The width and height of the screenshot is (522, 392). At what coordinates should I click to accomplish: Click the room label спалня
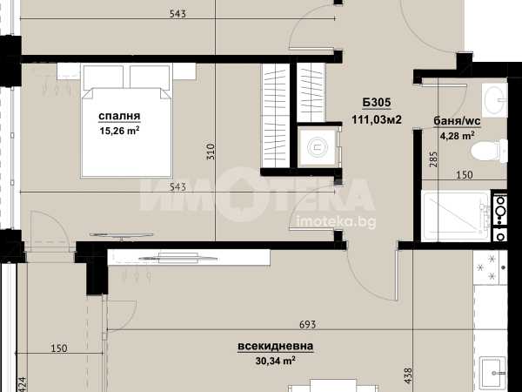[x=119, y=117]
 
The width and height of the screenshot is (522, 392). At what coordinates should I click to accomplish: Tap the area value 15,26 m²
[x=119, y=131]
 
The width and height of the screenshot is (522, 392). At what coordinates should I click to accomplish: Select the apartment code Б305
[x=377, y=102]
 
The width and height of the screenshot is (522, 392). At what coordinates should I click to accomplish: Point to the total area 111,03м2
[x=377, y=119]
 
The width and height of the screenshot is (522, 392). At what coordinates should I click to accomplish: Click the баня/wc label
[x=457, y=121]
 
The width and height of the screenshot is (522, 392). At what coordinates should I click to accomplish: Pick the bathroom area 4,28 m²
[x=457, y=136]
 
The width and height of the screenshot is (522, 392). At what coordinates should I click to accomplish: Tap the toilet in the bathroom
[x=489, y=152]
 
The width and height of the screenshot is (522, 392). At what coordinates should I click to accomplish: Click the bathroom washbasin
[x=495, y=100]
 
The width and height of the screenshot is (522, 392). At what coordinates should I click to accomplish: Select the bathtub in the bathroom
[x=456, y=216]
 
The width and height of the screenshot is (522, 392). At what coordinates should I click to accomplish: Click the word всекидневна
[x=275, y=347]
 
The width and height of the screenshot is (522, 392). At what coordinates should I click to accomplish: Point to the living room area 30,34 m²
[x=275, y=361]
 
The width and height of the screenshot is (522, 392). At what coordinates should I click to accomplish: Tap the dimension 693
[x=307, y=324]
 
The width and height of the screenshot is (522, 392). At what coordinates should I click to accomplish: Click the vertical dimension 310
[x=211, y=152]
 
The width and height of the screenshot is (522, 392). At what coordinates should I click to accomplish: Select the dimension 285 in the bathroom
[x=433, y=159]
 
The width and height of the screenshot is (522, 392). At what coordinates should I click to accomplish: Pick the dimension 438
[x=408, y=376]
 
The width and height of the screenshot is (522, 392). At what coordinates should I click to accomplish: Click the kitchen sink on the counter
[x=492, y=370]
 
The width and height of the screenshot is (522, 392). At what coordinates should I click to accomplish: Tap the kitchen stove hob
[x=490, y=267]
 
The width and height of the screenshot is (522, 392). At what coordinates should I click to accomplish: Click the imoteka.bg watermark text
[x=336, y=221]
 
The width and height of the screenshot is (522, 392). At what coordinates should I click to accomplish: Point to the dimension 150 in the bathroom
[x=464, y=175]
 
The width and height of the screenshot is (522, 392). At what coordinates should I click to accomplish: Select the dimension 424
[x=21, y=384]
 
